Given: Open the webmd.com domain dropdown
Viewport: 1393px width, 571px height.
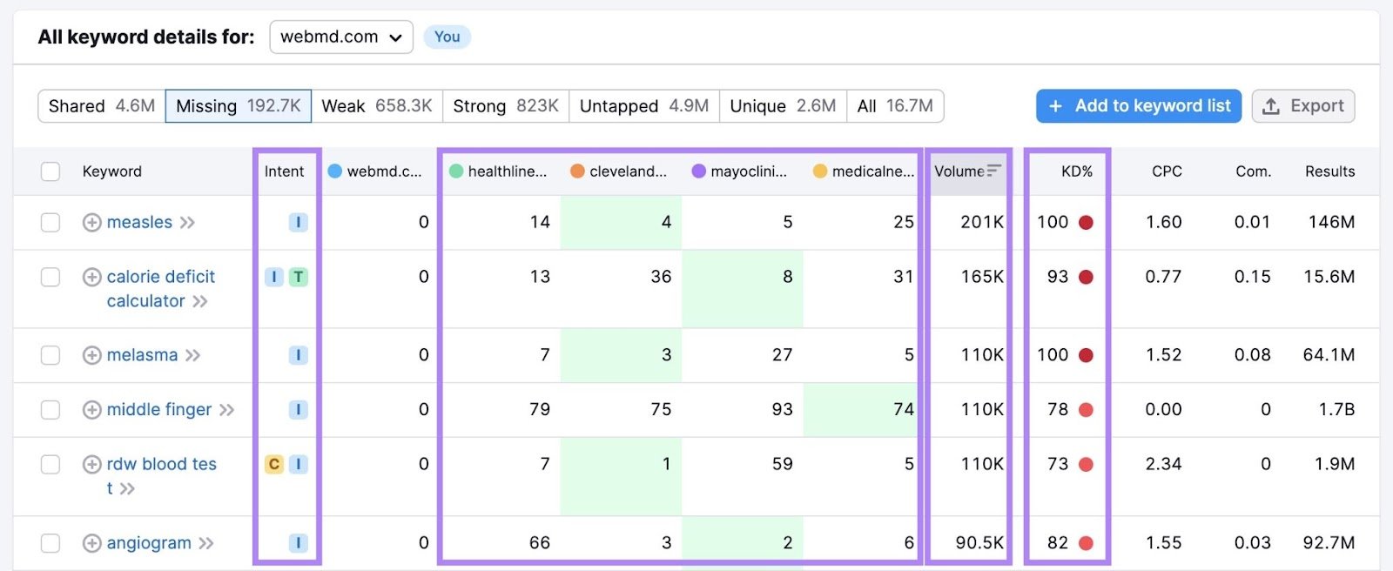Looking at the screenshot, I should (341, 37).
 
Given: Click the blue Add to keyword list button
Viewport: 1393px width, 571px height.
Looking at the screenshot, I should (1138, 106).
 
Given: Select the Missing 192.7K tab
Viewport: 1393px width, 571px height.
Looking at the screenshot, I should (238, 106).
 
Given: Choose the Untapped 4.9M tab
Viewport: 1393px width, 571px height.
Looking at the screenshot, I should (643, 106).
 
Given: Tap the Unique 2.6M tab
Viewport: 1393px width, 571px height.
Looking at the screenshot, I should (782, 106).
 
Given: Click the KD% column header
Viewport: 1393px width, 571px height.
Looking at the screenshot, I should (1076, 171).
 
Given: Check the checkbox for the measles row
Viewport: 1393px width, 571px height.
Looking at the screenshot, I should (50, 223).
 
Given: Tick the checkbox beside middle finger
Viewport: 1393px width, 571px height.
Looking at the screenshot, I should (50, 410).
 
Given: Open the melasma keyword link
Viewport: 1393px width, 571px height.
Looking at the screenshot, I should (142, 355).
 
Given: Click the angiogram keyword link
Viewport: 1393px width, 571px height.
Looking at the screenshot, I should (149, 543).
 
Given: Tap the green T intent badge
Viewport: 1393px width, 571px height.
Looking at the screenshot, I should (299, 277).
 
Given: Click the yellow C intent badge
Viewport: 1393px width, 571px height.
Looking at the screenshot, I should (274, 464).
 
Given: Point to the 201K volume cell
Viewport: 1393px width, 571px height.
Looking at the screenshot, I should (981, 223).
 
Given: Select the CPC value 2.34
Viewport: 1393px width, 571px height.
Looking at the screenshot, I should (1163, 464).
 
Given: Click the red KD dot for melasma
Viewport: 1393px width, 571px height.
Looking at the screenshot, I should (1086, 355).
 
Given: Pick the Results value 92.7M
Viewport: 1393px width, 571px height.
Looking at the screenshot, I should (1329, 543).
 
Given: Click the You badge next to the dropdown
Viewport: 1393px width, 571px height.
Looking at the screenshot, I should (447, 37).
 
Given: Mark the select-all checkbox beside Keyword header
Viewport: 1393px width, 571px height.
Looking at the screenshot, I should (50, 171).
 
